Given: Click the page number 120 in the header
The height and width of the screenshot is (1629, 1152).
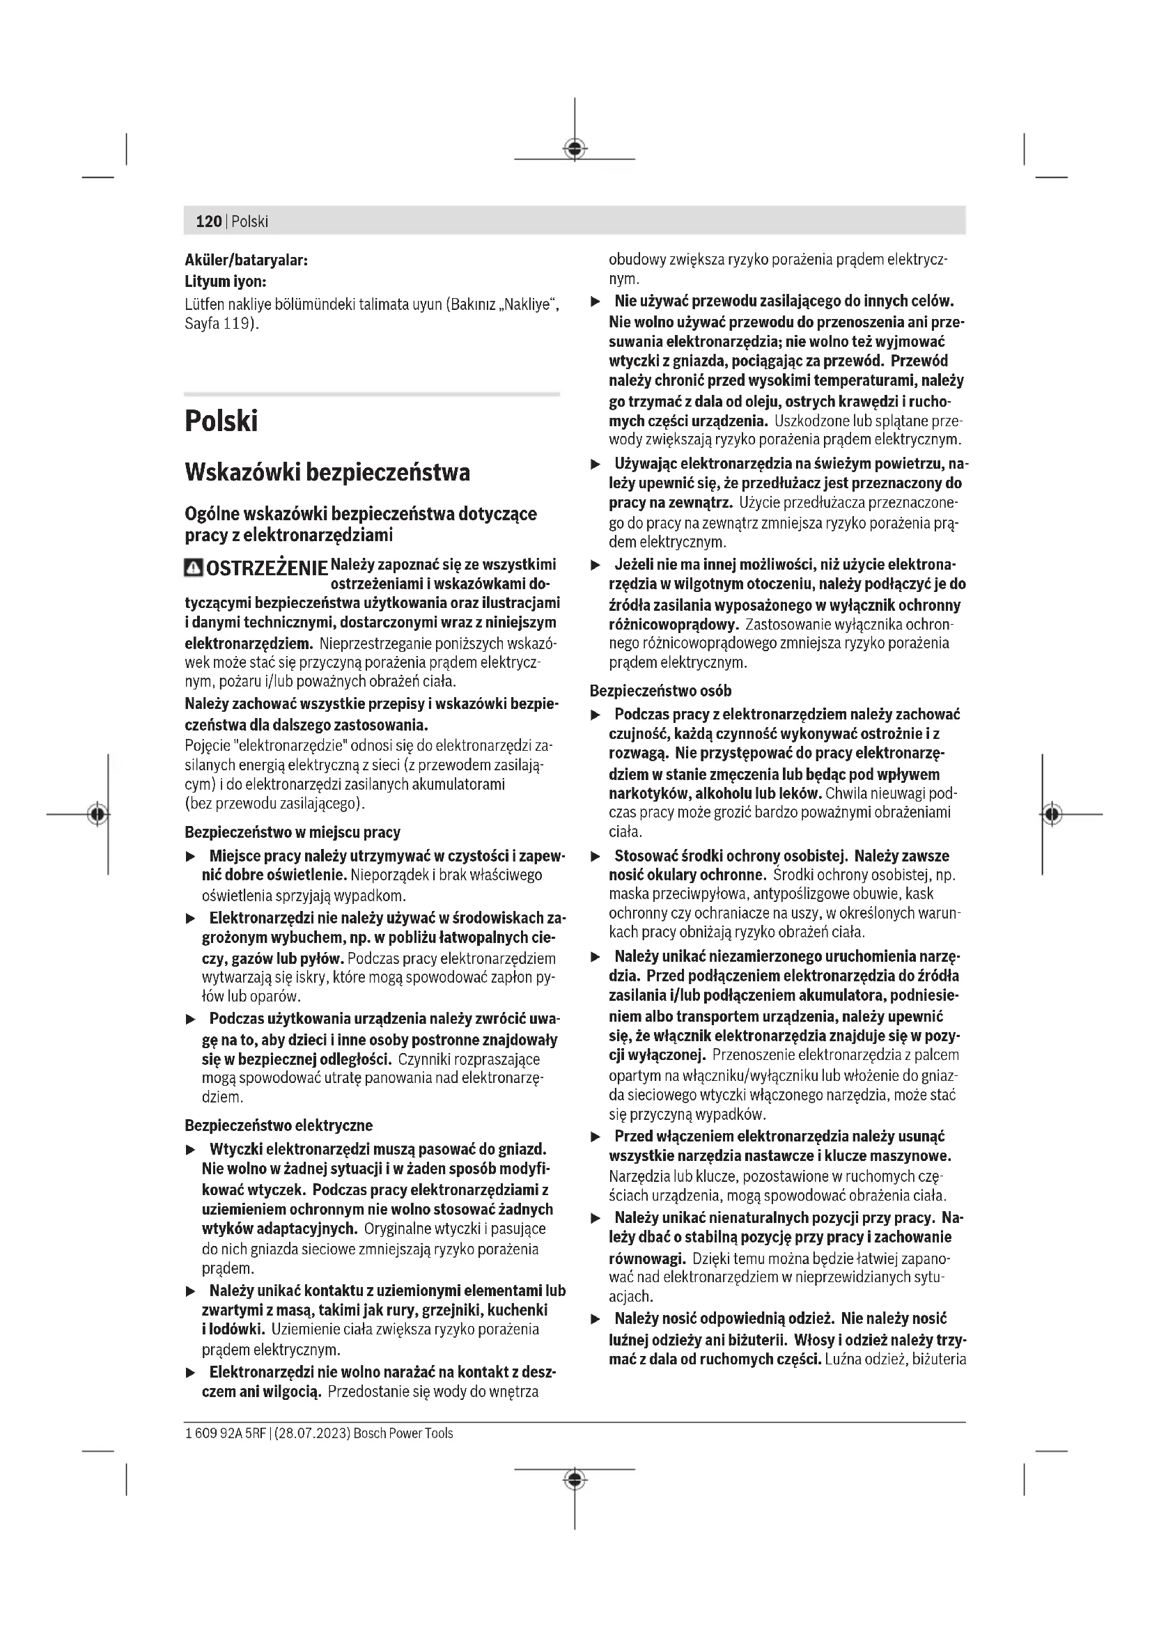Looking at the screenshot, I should [x=208, y=221].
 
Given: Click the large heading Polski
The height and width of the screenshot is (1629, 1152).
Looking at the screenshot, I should [x=221, y=421].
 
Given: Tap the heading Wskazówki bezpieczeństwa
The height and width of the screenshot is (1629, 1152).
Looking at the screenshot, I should [x=327, y=472].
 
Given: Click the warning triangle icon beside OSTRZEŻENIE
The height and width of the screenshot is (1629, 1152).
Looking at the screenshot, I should [x=193, y=568].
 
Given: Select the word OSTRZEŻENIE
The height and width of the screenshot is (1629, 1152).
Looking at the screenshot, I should [x=267, y=569].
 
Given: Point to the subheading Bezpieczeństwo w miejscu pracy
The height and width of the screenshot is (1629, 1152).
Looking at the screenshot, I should [x=293, y=832].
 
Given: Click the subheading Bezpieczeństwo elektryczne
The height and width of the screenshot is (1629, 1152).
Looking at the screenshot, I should [x=278, y=1125].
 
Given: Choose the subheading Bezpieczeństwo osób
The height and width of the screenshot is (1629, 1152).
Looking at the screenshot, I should [x=660, y=690].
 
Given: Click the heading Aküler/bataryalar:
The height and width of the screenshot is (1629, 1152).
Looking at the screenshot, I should [x=246, y=260].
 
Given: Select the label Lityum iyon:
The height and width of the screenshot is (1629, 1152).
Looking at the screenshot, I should [x=226, y=281].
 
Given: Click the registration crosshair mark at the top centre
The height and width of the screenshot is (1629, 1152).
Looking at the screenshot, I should [x=575, y=148].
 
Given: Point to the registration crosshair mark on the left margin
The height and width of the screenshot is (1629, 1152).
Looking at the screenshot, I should [x=98, y=813].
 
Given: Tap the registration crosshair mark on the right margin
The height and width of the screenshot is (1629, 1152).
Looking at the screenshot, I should [x=1052, y=813].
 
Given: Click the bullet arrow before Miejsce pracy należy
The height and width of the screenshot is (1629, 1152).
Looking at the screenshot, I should [x=190, y=857].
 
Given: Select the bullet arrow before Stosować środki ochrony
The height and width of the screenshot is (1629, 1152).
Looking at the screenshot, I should [x=596, y=857].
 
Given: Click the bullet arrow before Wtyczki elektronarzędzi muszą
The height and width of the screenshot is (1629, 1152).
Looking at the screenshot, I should [x=190, y=1149].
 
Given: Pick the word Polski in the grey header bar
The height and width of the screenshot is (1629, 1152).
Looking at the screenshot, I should [x=250, y=221].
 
